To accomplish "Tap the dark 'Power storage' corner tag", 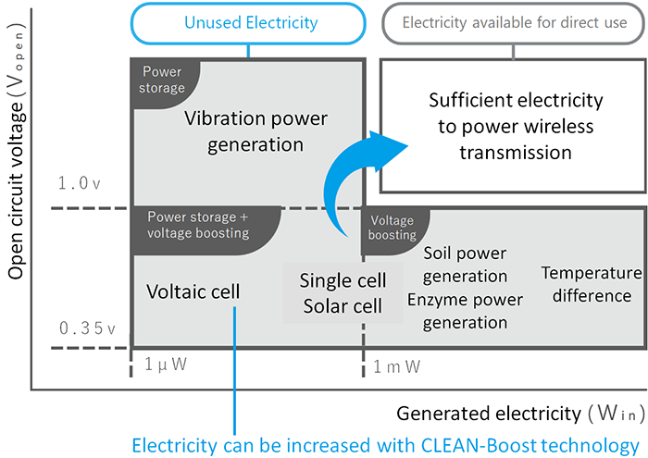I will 162,80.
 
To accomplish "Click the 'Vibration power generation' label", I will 243,131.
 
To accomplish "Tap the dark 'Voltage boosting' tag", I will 392,228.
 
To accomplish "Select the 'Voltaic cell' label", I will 193,291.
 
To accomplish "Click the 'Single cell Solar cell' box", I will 343,292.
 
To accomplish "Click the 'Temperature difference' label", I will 591,284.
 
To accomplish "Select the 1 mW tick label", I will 397,366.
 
